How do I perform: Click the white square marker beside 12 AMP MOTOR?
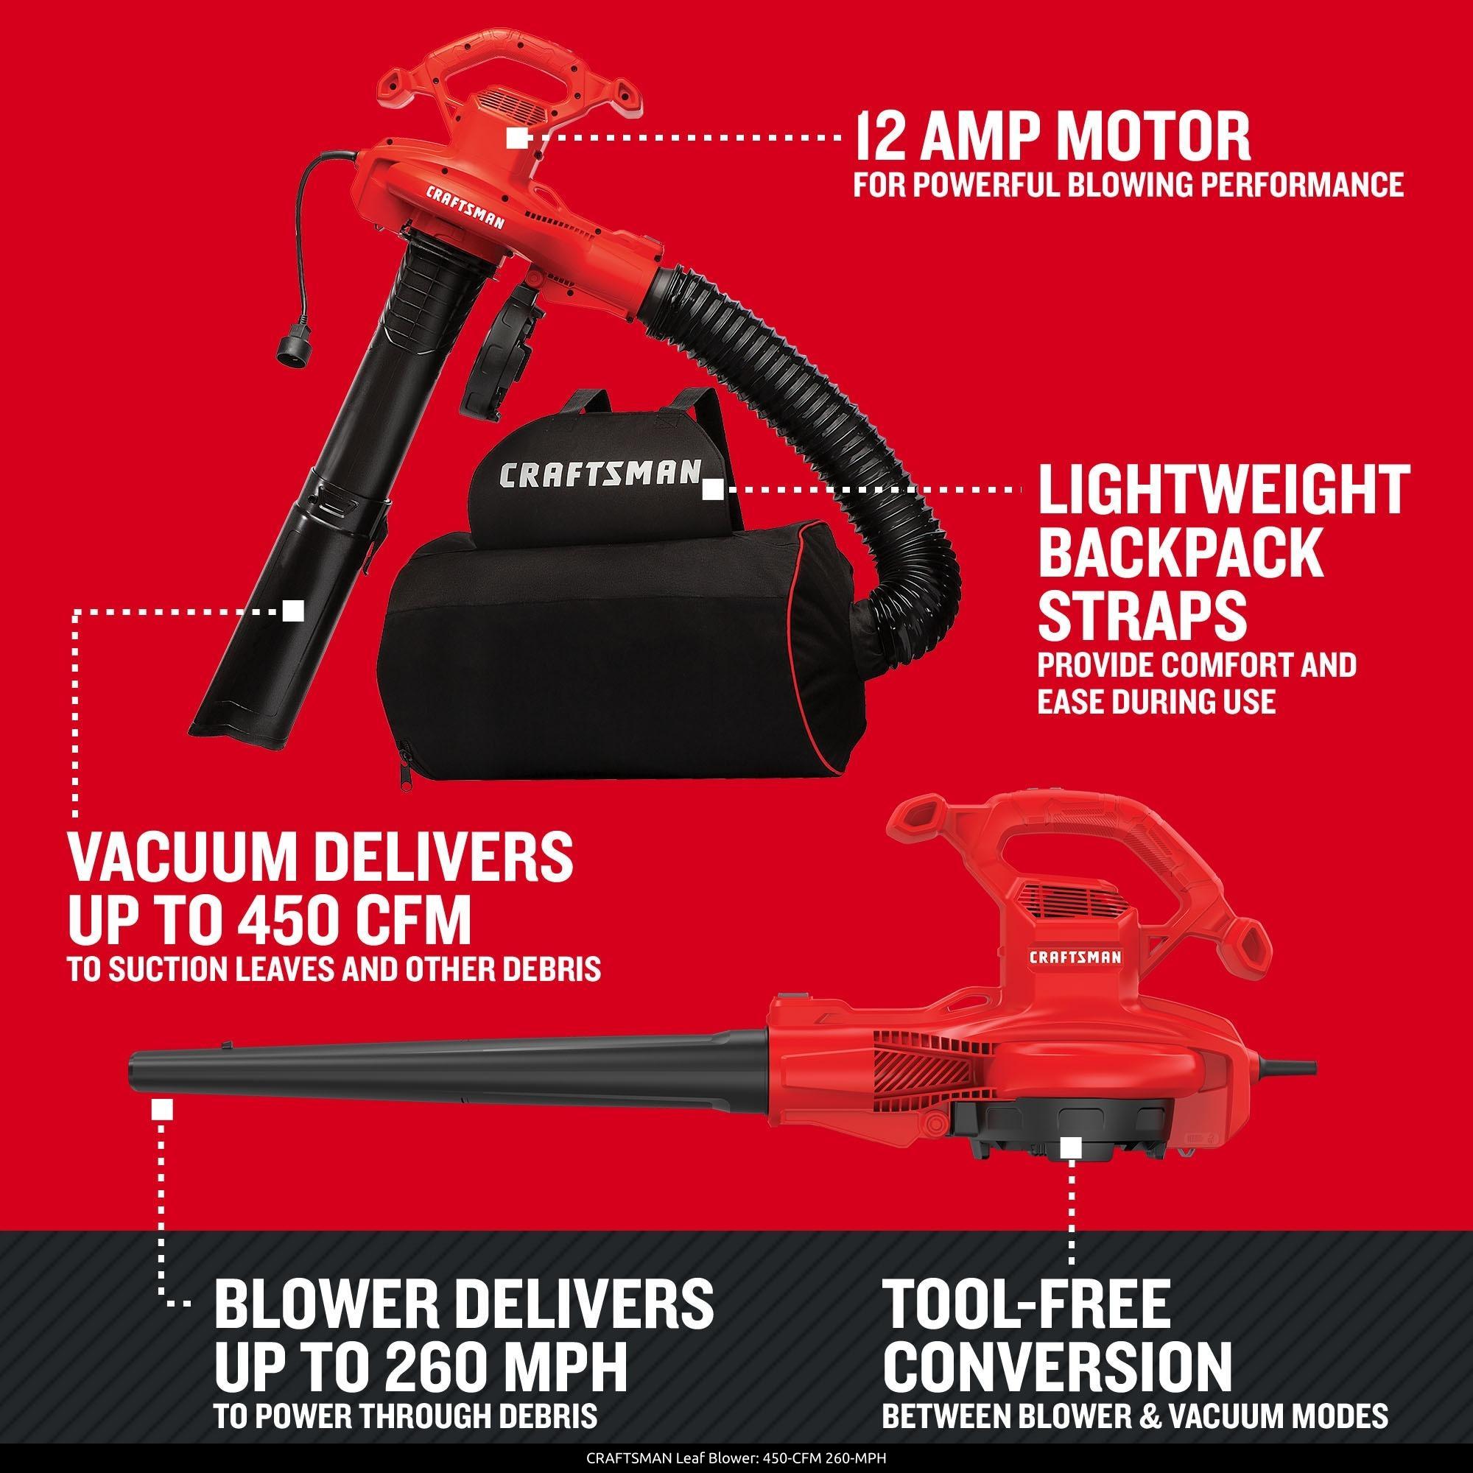517,138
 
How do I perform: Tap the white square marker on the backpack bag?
713,490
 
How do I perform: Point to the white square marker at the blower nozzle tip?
161,1108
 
